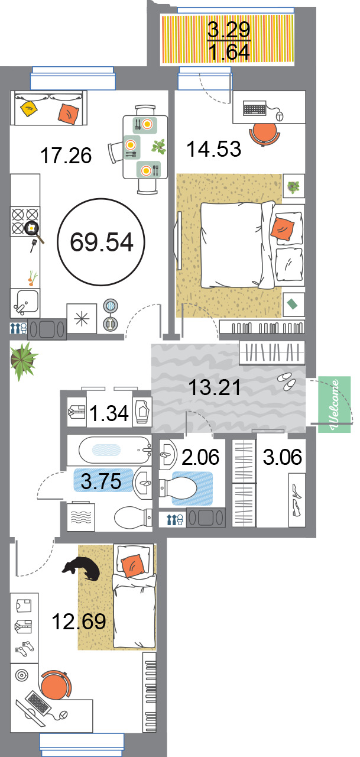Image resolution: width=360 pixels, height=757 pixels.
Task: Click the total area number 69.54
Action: (x=102, y=242)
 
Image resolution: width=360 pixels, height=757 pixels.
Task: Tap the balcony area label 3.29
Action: (x=229, y=30)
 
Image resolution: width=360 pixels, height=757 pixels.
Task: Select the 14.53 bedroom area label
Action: (x=214, y=148)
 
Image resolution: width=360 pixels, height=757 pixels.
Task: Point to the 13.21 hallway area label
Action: (x=215, y=387)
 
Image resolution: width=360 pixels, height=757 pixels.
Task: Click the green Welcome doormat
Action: (x=334, y=405)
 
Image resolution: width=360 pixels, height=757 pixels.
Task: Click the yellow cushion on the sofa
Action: (x=29, y=108)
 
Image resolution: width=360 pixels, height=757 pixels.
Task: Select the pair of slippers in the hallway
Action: (x=287, y=381)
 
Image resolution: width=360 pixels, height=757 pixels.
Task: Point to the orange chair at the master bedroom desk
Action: (x=265, y=134)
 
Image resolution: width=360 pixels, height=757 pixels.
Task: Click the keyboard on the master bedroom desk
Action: (x=255, y=108)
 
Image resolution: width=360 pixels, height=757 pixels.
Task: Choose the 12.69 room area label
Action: (x=79, y=621)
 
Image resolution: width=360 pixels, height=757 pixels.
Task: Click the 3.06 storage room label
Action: (x=283, y=457)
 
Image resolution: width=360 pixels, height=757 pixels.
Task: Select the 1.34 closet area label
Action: (x=109, y=413)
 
